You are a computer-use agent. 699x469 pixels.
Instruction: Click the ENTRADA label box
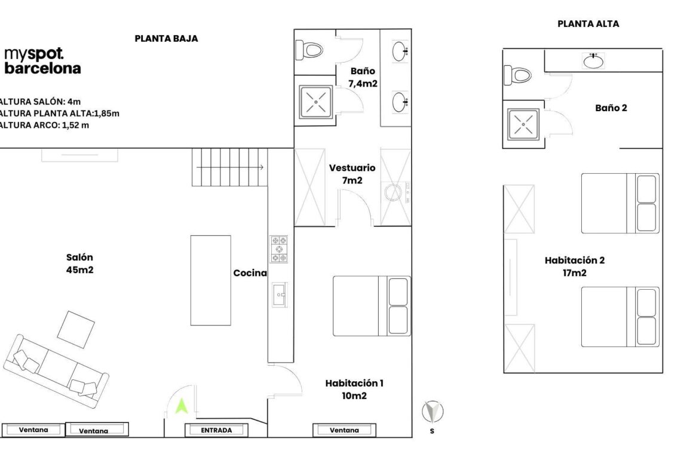(216, 430)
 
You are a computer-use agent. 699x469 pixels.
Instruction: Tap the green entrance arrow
(182, 406)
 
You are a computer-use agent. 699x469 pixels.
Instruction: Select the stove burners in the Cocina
(279, 249)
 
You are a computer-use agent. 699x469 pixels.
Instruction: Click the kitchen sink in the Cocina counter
(279, 294)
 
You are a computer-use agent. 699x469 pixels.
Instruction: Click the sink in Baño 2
(593, 61)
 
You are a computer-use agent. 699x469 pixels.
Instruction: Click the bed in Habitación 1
(371, 305)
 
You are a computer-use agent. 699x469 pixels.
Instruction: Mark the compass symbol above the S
(433, 412)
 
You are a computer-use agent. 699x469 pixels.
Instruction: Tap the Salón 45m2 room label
(79, 263)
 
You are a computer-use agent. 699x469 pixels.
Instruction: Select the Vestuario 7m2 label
(352, 174)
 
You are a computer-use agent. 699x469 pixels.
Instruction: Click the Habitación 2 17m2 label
(574, 266)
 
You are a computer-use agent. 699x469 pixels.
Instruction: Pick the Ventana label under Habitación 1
(345, 430)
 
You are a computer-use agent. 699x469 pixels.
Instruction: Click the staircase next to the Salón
(229, 167)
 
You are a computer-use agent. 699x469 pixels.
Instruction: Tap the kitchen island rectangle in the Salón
(210, 280)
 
